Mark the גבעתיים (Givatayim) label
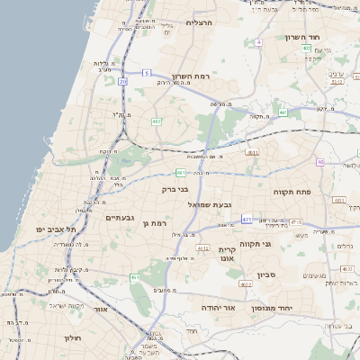pos(120,218)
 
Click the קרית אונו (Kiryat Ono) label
pos(227,254)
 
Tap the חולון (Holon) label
pos(73,337)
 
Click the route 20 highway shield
pos(148,83)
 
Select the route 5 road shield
pos(258,41)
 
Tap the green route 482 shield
pos(157,121)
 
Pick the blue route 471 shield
pos(247,219)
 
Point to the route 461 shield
pos(135,277)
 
